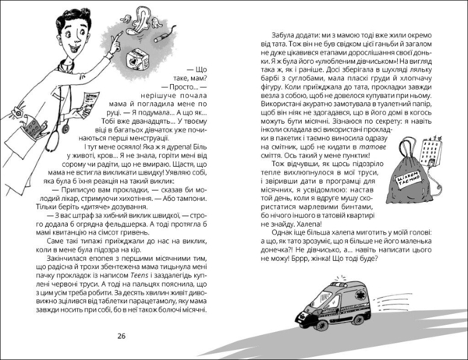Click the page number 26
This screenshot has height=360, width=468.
[x=121, y=336]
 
